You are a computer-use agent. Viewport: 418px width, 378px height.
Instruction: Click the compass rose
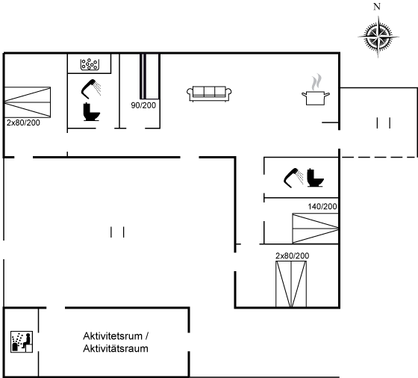[x=378, y=37]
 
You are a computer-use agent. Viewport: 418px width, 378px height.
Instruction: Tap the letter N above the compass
[x=377, y=7]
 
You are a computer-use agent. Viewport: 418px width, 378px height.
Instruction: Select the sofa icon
[x=209, y=93]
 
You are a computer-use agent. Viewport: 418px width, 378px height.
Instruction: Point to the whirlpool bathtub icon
[x=90, y=64]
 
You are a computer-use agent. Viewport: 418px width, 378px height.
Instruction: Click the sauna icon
[x=22, y=341]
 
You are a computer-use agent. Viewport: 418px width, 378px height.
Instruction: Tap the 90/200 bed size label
[x=143, y=105]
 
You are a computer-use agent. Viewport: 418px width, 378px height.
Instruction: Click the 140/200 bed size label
[x=322, y=206]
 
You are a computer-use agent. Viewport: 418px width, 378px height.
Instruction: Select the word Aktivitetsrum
[x=113, y=336]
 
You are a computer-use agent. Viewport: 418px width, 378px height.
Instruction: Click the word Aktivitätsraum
[x=116, y=348]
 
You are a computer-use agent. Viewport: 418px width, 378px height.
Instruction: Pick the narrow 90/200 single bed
[x=143, y=76]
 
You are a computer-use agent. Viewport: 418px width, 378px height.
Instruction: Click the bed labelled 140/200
[x=315, y=229]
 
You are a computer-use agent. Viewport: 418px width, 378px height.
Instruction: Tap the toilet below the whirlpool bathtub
[x=91, y=112]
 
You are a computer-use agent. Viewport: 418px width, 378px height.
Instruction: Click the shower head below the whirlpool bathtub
[x=91, y=89]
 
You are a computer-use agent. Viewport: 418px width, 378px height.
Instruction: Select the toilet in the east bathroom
[x=315, y=178]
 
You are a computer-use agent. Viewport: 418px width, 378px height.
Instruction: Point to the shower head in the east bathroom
[x=293, y=178]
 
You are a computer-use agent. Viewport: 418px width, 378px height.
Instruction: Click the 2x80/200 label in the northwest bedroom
[x=23, y=123]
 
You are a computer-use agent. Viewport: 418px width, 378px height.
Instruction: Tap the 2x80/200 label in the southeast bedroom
[x=293, y=255]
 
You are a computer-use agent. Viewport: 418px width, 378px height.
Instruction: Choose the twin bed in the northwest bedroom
[x=28, y=102]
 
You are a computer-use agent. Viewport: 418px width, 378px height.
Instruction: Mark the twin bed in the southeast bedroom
[x=291, y=285]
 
